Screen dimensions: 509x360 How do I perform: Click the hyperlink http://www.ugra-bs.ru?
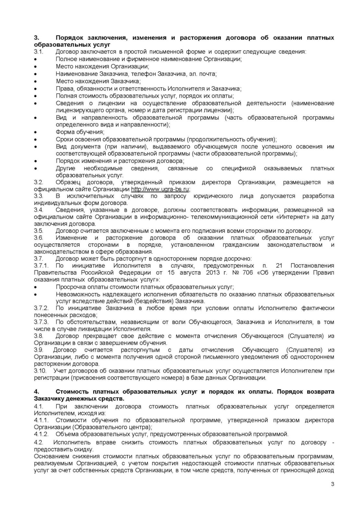pos(160,189)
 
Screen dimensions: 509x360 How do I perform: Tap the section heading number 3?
pos(36,38)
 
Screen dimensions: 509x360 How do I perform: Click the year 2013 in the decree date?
pos(215,272)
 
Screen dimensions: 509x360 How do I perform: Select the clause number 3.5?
pos(39,231)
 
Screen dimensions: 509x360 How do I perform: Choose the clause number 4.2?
pos(39,443)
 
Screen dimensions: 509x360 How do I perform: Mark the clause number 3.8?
pos(39,336)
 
